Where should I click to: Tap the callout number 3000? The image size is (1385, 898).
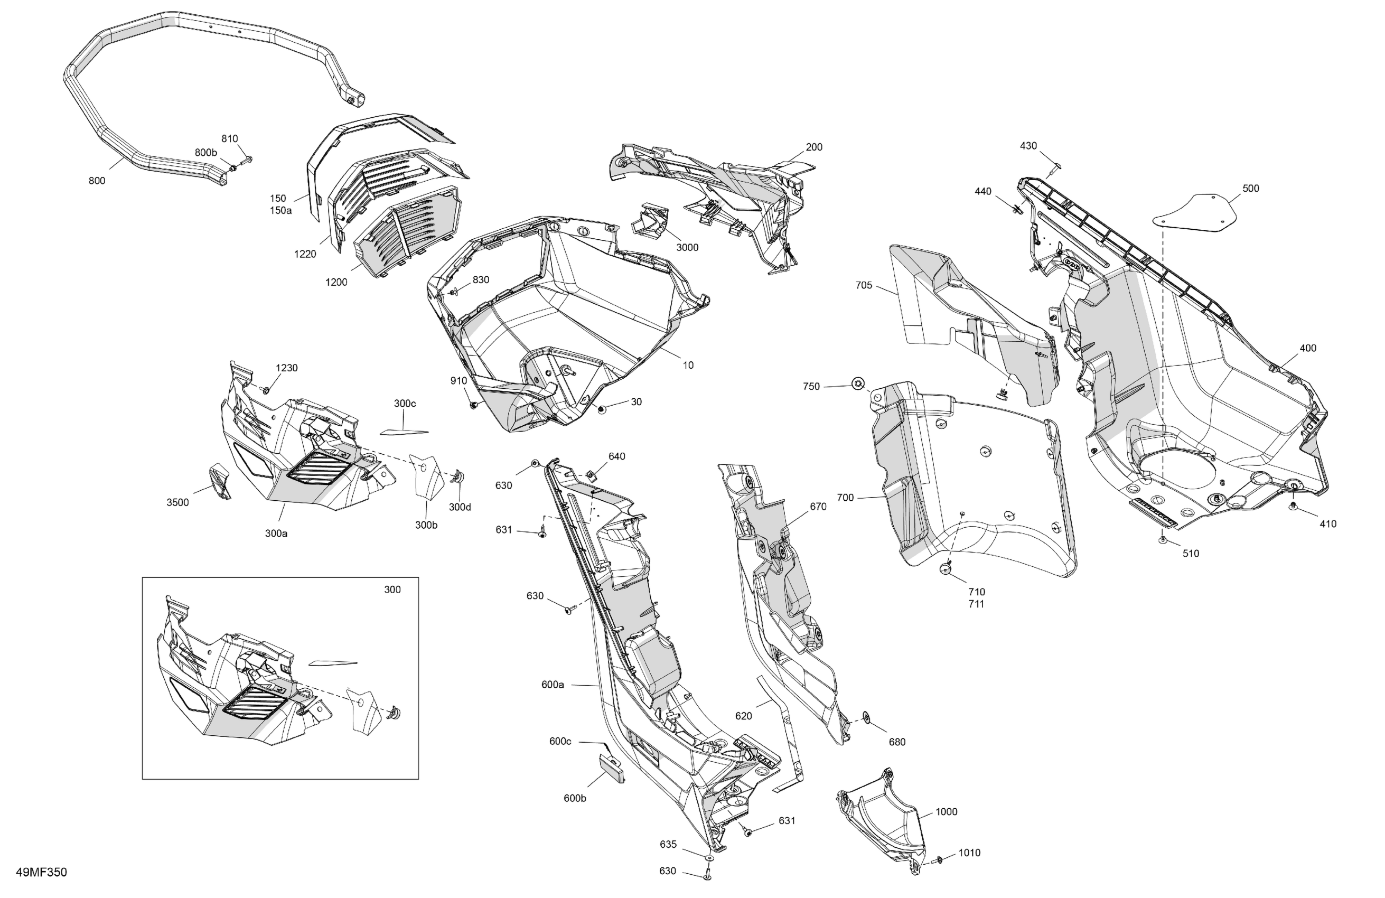(x=687, y=247)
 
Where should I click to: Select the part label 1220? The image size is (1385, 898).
(x=305, y=254)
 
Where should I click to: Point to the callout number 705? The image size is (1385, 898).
(x=864, y=285)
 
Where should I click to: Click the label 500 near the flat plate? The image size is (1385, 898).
(x=1251, y=189)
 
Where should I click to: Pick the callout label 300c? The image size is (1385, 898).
(x=405, y=404)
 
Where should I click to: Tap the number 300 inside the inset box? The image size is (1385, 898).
(x=392, y=590)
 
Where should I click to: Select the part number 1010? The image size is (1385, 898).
(x=969, y=853)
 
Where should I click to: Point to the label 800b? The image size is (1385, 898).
(x=205, y=153)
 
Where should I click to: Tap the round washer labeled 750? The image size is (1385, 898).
(x=857, y=383)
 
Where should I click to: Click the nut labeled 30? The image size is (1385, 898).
(x=602, y=410)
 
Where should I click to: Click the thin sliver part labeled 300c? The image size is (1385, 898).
(x=404, y=432)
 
